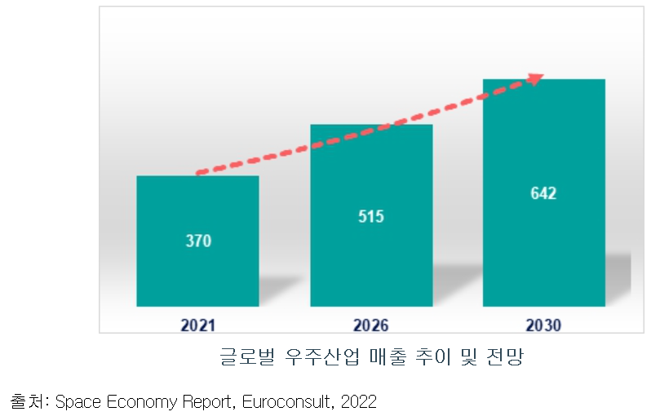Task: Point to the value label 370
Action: coord(197,241)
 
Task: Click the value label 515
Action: coord(370,216)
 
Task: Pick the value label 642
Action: coord(543,193)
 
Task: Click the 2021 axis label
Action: coord(197,325)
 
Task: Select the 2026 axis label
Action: coord(370,325)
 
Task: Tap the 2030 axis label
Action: coord(543,325)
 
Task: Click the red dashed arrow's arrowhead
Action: coord(535,78)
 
